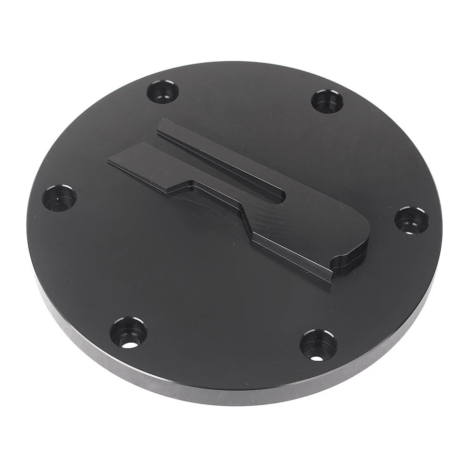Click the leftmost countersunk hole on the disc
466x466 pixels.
pyautogui.click(x=59, y=198)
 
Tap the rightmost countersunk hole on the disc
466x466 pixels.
pyautogui.click(x=411, y=220)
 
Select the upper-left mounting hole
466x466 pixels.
pyautogui.click(x=163, y=92)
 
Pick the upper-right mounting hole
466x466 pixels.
pyautogui.click(x=327, y=101)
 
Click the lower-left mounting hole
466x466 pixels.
pyautogui.click(x=128, y=332)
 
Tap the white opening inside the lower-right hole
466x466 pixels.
pyautogui.click(x=316, y=358)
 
